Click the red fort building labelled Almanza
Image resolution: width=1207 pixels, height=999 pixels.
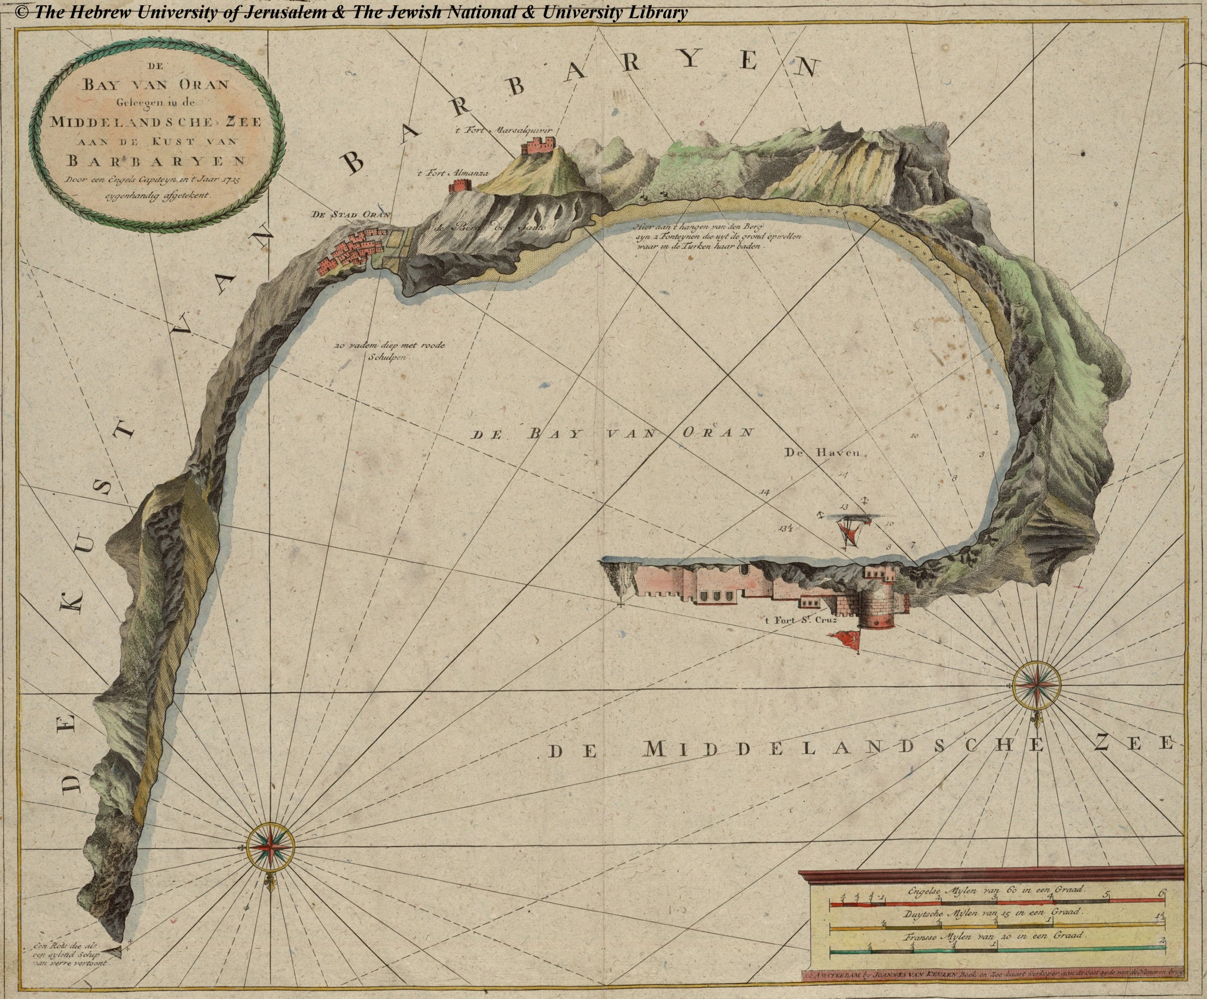pos(460,185)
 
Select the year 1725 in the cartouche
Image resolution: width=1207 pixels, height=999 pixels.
pos(229,179)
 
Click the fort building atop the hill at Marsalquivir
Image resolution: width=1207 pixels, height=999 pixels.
pos(538,145)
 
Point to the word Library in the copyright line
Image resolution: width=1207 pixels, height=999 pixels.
pos(657,12)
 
